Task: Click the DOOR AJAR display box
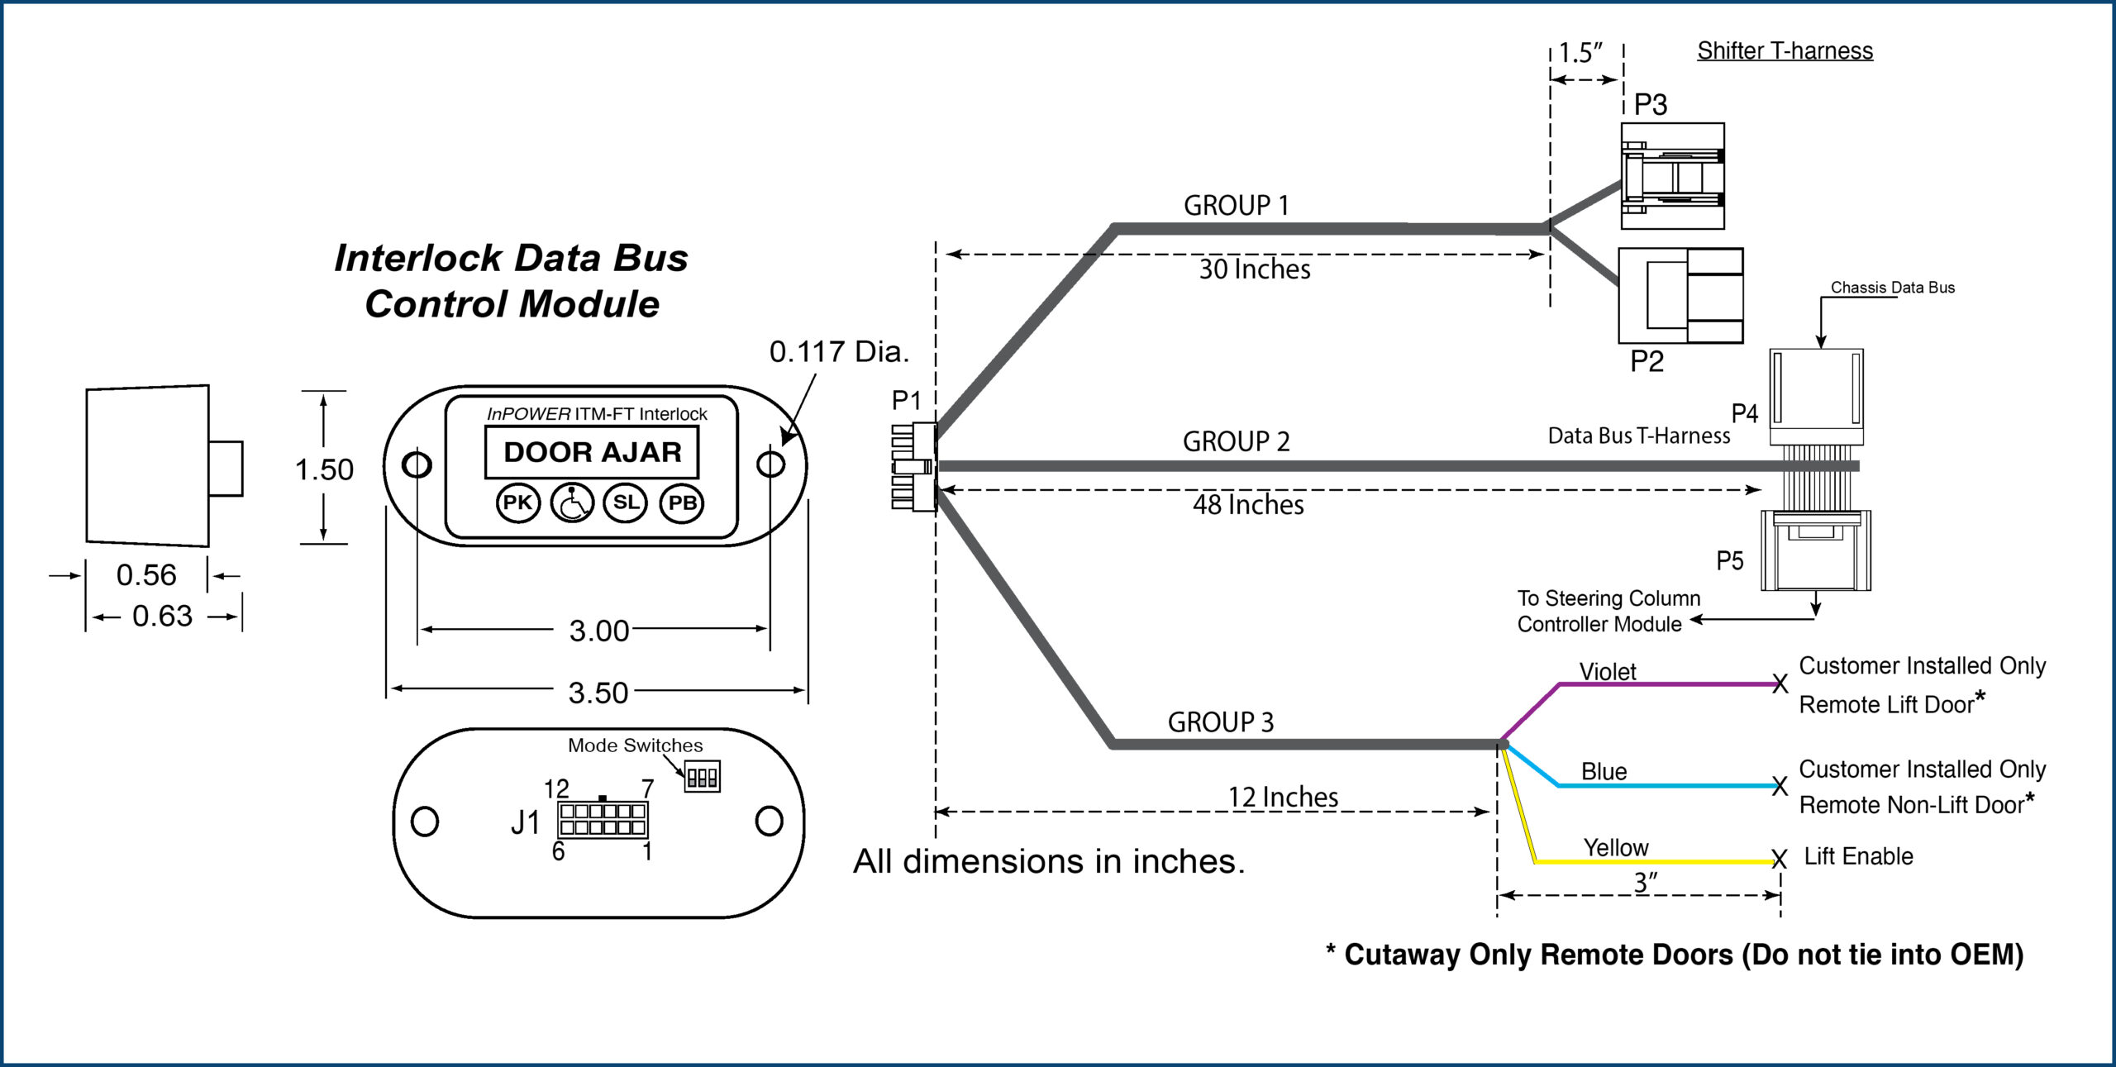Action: point(592,452)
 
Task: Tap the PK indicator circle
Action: point(517,503)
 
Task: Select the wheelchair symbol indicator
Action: point(572,503)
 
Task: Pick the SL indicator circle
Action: point(626,503)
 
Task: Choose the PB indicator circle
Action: point(682,503)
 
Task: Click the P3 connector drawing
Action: point(1672,176)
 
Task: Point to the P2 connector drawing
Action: point(1680,295)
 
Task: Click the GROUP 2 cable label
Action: point(1236,442)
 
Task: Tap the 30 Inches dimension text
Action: point(1254,269)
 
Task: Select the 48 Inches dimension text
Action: point(1248,505)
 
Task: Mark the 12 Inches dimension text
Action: point(1283,797)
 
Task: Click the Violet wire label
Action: point(1608,672)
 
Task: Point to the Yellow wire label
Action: point(1616,848)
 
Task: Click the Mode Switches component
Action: point(702,777)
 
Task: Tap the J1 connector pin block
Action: point(603,819)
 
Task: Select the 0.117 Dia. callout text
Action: point(839,352)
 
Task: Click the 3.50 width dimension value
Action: point(598,693)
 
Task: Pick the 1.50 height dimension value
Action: point(324,469)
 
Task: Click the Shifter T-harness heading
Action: point(1785,51)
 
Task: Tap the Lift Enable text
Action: point(1858,856)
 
